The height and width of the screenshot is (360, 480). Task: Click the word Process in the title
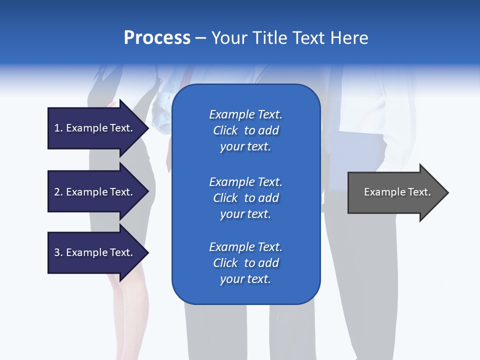[157, 38]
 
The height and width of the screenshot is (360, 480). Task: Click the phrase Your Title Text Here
[290, 38]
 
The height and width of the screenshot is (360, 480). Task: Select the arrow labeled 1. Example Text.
[95, 128]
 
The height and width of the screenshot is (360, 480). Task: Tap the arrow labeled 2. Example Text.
[95, 192]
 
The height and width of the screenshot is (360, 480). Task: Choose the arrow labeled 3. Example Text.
[95, 252]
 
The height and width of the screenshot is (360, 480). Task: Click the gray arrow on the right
[395, 192]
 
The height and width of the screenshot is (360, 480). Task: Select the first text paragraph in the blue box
[245, 130]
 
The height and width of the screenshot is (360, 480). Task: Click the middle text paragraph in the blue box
[245, 198]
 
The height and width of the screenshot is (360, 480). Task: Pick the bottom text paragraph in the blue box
[245, 263]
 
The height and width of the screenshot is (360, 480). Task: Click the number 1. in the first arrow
[58, 128]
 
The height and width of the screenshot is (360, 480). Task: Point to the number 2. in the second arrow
[58, 192]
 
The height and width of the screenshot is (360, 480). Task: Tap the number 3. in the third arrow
[58, 252]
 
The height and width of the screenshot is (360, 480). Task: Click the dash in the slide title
[201, 38]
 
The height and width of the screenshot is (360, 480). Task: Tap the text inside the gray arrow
[397, 192]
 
